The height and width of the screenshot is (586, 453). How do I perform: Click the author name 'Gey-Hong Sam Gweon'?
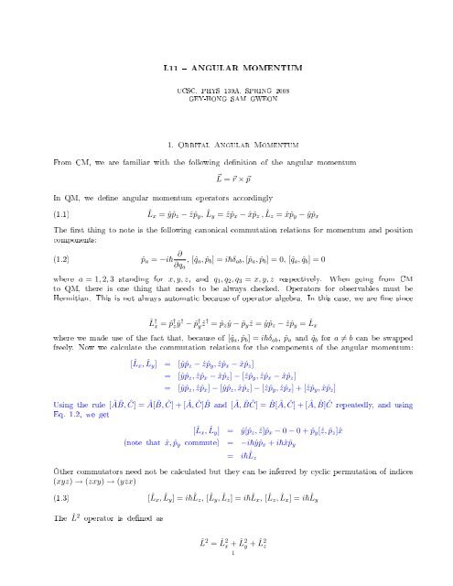pyautogui.click(x=226, y=102)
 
